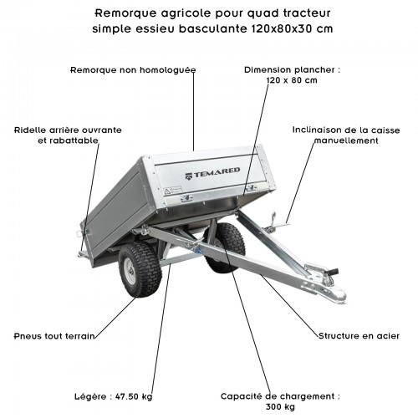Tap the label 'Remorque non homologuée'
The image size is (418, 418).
[133, 70]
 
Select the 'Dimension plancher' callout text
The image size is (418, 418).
[292, 70]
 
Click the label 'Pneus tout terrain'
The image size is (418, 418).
[53, 335]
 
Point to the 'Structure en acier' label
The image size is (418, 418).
[359, 335]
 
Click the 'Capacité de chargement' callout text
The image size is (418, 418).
[280, 395]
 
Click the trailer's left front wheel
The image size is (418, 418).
[140, 269]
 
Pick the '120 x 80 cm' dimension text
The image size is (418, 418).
[292, 80]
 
